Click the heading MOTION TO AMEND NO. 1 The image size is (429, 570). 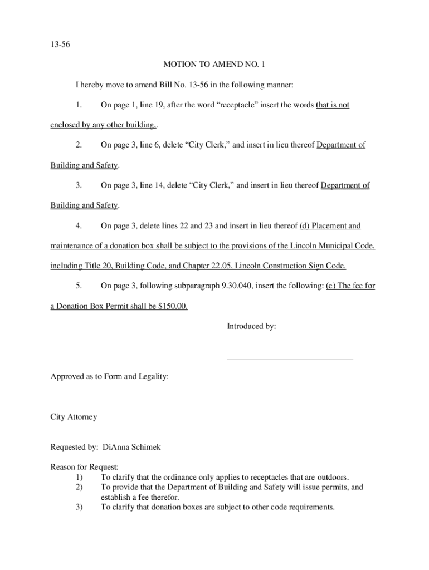pyautogui.click(x=214, y=65)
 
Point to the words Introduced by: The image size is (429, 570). pyautogui.click(x=251, y=326)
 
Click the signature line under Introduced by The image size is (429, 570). pyautogui.click(x=290, y=360)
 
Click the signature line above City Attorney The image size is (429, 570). pyautogui.click(x=111, y=410)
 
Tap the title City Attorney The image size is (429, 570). pyautogui.click(x=74, y=417)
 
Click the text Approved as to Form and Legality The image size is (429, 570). pyautogui.click(x=110, y=377)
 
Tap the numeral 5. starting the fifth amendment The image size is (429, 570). pyautogui.click(x=79, y=286)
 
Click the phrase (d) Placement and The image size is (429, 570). pyautogui.click(x=330, y=225)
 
